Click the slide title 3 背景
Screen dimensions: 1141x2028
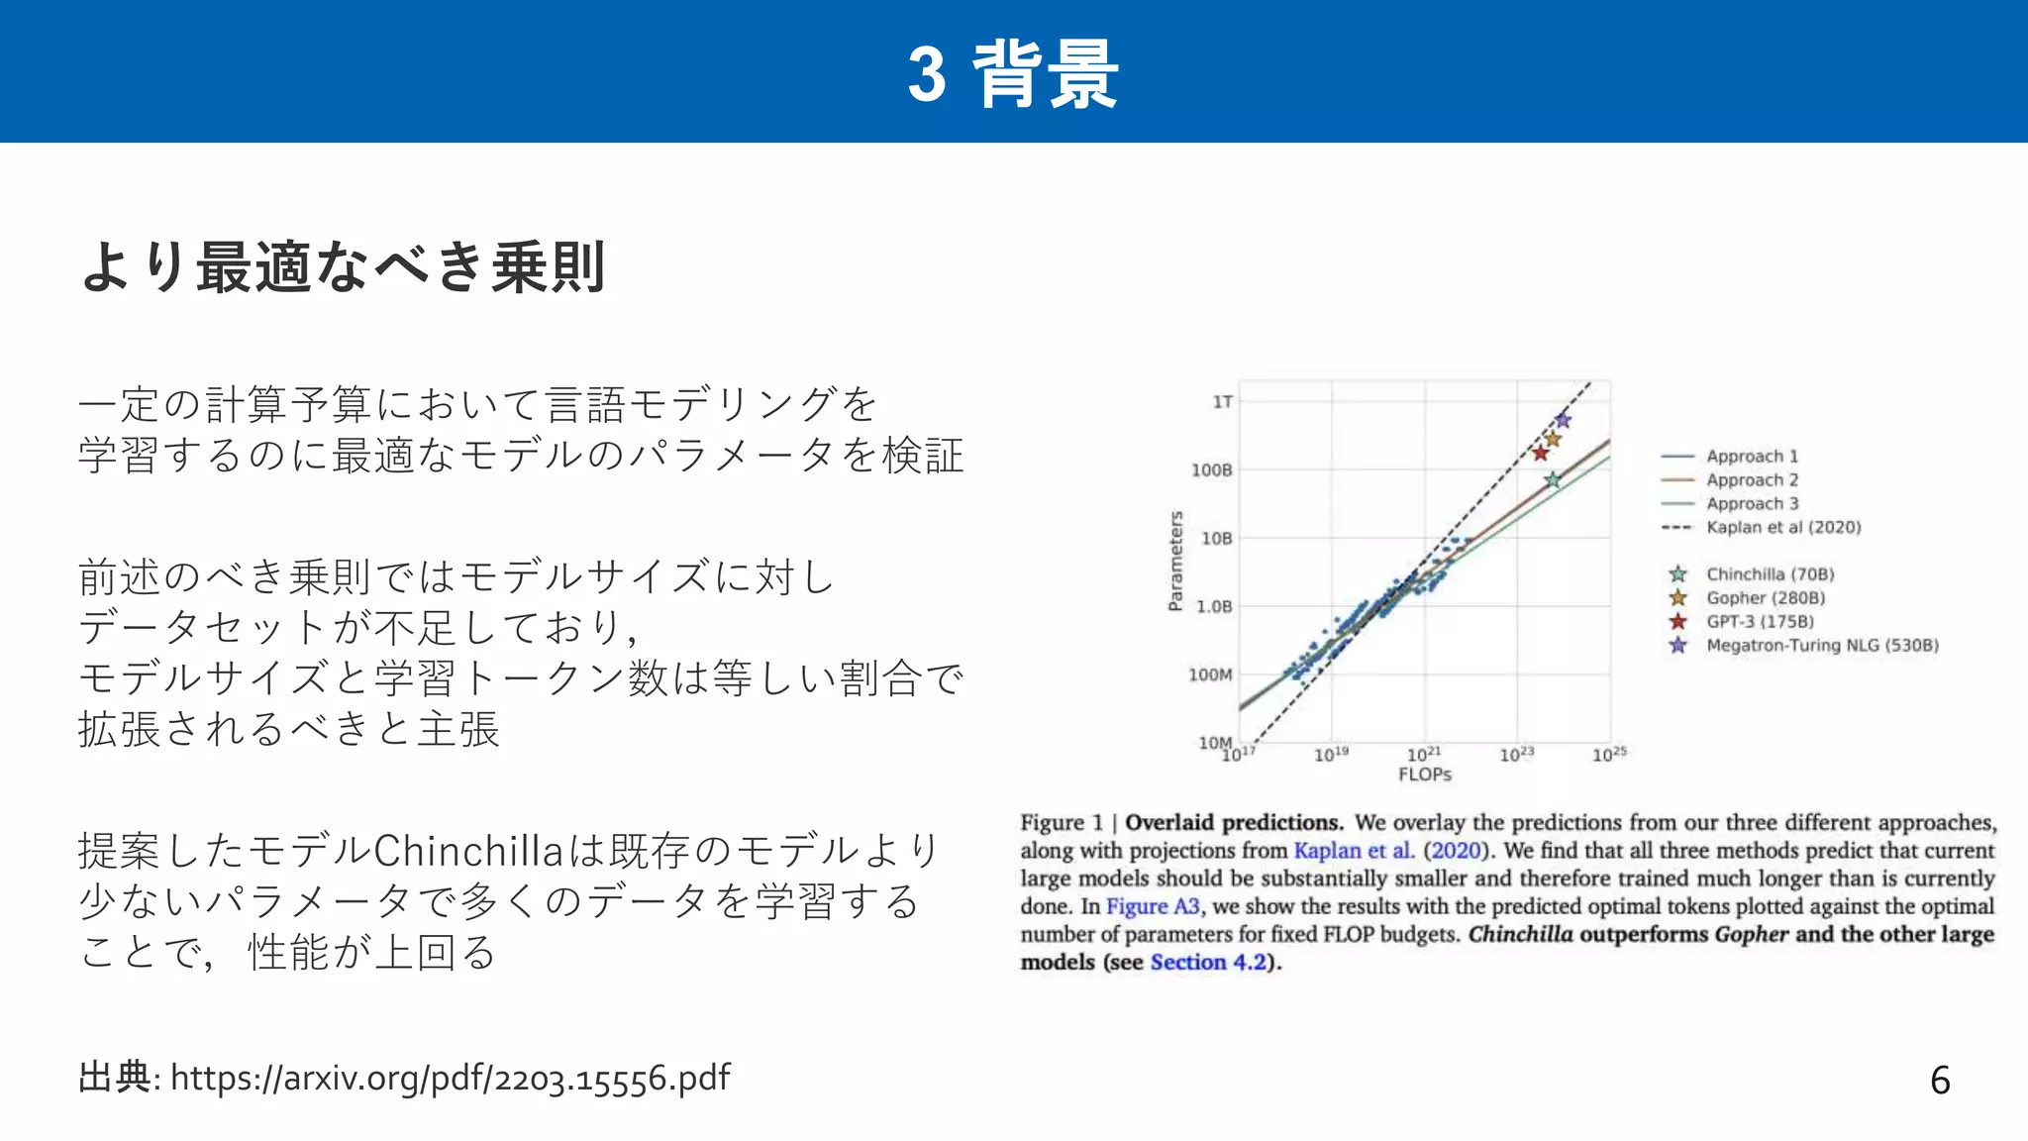pyautogui.click(x=1013, y=73)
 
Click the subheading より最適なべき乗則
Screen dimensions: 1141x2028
pyautogui.click(x=343, y=267)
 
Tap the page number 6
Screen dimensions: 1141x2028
pyautogui.click(x=1940, y=1081)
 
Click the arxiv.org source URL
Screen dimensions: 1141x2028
pyautogui.click(x=451, y=1078)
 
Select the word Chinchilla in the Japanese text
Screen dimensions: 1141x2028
pyautogui.click(x=467, y=851)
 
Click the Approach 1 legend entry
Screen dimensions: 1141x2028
pyautogui.click(x=1751, y=457)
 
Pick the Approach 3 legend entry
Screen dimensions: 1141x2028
pyautogui.click(x=1751, y=504)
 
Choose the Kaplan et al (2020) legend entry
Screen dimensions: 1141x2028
pyautogui.click(x=1782, y=528)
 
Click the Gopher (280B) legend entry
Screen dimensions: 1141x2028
pyautogui.click(x=1765, y=598)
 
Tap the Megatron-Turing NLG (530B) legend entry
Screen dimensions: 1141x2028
pyautogui.click(x=1821, y=646)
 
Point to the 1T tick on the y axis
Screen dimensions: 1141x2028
pyautogui.click(x=1222, y=402)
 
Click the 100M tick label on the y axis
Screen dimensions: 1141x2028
pyautogui.click(x=1210, y=675)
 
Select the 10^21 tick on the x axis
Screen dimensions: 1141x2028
pyautogui.click(x=1423, y=755)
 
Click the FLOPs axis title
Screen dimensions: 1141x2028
pyautogui.click(x=1424, y=775)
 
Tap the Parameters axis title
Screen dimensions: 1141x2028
pyautogui.click(x=1175, y=562)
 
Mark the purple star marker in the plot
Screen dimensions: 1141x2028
pyautogui.click(x=1563, y=420)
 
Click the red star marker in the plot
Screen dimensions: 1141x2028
pyautogui.click(x=1540, y=454)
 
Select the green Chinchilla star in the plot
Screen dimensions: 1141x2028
pyautogui.click(x=1553, y=480)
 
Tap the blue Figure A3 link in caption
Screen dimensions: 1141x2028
pyautogui.click(x=1152, y=906)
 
